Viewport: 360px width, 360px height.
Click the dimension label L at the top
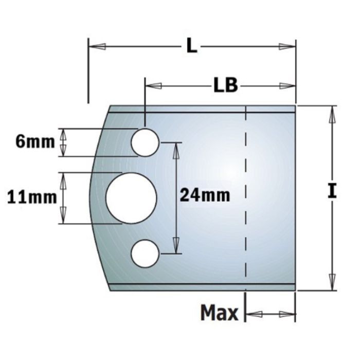[191, 47]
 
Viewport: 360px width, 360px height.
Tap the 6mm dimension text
[35, 142]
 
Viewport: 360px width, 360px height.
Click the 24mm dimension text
[205, 195]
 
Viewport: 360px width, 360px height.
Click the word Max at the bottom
[219, 313]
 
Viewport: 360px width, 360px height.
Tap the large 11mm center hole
[131, 198]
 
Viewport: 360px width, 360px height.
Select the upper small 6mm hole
[145, 142]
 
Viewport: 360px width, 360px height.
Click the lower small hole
[145, 253]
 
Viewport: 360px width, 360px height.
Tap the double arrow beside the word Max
[271, 313]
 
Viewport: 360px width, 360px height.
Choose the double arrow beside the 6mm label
[64, 142]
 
